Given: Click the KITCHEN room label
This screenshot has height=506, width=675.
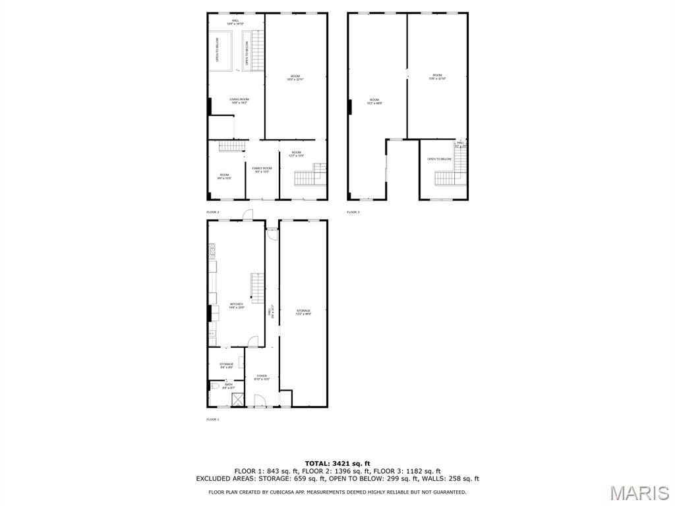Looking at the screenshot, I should (236, 306).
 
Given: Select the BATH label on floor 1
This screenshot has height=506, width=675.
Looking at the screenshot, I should (228, 386).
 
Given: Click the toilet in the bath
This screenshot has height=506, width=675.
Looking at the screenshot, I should (214, 387).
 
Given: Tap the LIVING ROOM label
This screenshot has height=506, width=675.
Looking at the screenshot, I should (239, 101).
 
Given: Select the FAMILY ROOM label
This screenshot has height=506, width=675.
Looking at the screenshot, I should (262, 169).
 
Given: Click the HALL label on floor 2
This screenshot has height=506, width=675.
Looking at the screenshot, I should (235, 22).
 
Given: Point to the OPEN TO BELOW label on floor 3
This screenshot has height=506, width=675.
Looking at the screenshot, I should (439, 159).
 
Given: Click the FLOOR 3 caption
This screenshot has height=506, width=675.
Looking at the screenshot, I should (353, 212).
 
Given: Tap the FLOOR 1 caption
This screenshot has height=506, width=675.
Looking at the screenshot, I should (212, 419).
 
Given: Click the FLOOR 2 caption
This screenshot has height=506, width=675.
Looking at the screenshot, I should (212, 212).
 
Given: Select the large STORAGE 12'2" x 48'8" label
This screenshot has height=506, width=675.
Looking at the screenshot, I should (303, 312).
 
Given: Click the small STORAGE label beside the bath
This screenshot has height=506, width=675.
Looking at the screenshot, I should (226, 366).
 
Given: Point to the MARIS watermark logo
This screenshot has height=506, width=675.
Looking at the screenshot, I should (639, 492).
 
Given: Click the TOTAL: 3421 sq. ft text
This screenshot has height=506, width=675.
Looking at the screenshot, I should (337, 463).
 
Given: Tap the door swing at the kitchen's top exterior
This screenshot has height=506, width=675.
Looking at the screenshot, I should (248, 214).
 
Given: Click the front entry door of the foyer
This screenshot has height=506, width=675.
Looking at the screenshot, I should (259, 401).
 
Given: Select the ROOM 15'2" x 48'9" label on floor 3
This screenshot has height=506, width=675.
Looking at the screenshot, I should (374, 101).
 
